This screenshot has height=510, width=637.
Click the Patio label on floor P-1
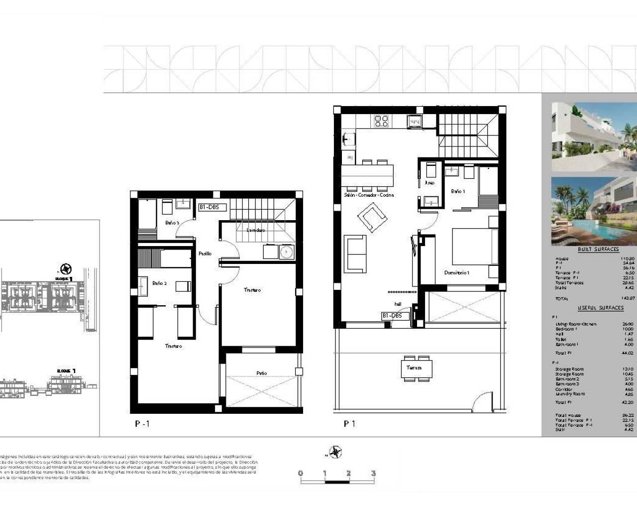coord(262,373)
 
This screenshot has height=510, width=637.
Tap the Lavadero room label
coord(256,230)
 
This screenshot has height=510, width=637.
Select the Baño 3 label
coord(172,223)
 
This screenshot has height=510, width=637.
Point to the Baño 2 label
coord(159,283)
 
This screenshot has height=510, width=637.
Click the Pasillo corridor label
coord(205,254)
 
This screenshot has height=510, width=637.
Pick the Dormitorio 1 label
coord(457,272)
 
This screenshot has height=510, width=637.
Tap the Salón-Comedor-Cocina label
coord(369,195)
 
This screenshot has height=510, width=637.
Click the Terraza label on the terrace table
coord(414,368)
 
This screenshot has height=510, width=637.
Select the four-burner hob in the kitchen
coord(381,122)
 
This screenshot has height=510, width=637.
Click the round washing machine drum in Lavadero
coord(286,252)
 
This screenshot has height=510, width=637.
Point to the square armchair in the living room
coord(372,219)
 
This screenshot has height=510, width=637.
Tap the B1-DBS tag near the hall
coord(395,316)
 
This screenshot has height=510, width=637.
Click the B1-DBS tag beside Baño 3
coord(212,207)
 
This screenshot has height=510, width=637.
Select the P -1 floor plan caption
coord(142,424)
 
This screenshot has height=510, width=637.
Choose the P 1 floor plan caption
coord(349,424)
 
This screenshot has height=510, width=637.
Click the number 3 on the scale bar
coord(373,473)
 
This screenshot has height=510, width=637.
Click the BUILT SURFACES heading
coord(598,249)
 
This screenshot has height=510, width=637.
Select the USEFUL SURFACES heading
coord(600,308)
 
